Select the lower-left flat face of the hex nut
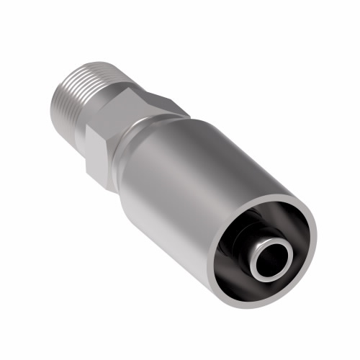coord(97,155)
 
